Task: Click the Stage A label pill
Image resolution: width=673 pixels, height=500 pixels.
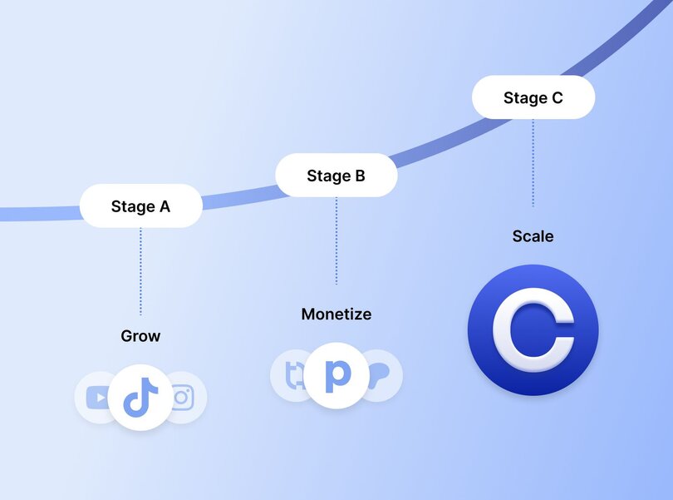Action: pos(140,206)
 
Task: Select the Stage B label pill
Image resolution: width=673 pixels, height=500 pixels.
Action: pos(336,176)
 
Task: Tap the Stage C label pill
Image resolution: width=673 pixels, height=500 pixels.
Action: pos(533,98)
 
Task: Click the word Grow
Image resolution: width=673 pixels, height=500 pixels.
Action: pos(140,336)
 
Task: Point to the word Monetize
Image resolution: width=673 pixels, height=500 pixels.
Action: pos(336,314)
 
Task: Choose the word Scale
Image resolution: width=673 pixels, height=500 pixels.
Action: pos(533,236)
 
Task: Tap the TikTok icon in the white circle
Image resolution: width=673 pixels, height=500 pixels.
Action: pos(140,398)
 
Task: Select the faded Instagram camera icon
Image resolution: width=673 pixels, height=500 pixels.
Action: pos(183,398)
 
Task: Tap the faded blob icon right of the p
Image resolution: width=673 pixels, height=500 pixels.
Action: pos(381,374)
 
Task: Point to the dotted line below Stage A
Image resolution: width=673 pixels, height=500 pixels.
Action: pos(140,270)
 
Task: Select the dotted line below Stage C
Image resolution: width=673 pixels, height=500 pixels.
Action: pos(533,162)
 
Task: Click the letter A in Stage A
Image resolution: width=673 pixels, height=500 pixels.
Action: pos(164,206)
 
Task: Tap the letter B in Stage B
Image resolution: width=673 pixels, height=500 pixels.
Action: pos(359,176)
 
